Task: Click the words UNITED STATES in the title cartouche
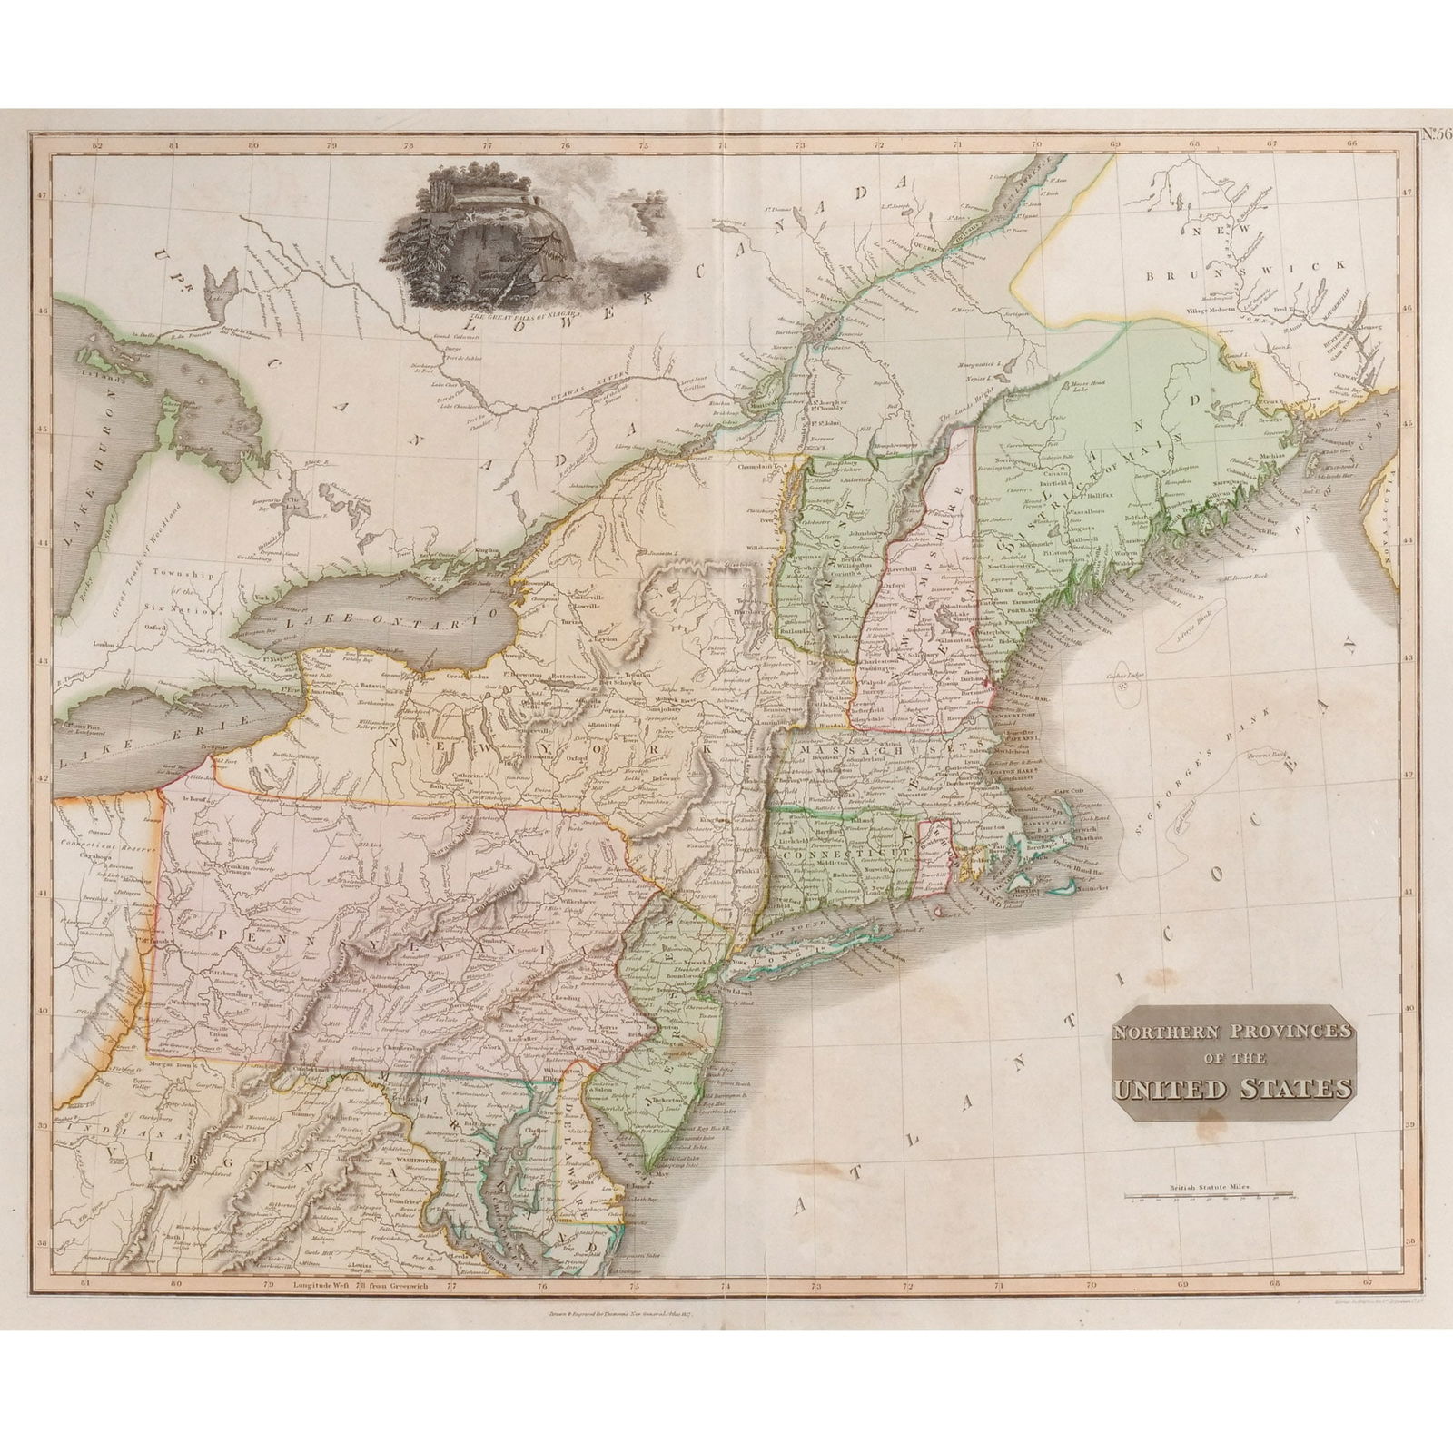pos(1231,1088)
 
